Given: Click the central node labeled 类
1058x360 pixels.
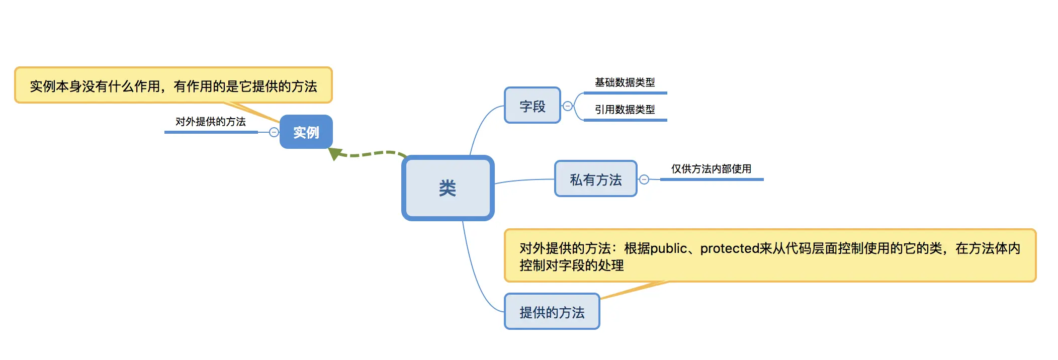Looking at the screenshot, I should tap(448, 188).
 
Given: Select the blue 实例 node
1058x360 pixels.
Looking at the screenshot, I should tap(306, 132).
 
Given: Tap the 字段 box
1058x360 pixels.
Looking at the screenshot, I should tap(532, 106).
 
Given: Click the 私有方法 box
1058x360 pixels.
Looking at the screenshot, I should tap(595, 179).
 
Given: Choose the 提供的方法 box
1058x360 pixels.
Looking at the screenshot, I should tap(552, 312).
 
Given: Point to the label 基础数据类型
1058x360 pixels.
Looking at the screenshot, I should tap(625, 82).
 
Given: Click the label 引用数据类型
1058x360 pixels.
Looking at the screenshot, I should tap(625, 110).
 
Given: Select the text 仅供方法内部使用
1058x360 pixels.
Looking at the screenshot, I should tap(711, 169).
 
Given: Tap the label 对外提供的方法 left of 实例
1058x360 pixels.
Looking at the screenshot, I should tap(210, 122).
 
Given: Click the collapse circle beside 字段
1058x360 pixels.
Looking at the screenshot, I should tap(568, 106).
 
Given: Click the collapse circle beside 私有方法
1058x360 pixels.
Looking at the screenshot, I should tap(644, 179).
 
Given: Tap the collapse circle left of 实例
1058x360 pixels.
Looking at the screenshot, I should tap(274, 132).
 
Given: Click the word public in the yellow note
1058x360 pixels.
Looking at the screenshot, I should tap(668, 248).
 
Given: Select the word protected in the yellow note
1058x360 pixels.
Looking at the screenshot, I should tap(730, 248).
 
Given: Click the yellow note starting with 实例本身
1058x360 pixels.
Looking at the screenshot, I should tap(173, 86).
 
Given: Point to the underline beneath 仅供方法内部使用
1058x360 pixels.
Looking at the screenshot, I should tap(712, 179).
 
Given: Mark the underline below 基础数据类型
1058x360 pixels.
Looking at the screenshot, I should tap(625, 93).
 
